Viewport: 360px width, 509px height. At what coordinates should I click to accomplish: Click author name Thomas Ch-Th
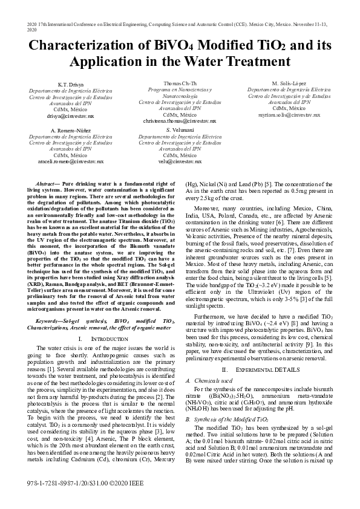coord(179,83)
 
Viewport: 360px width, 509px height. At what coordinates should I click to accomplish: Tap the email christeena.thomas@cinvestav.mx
coord(179,121)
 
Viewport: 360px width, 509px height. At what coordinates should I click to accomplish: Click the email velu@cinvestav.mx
coord(179,162)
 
